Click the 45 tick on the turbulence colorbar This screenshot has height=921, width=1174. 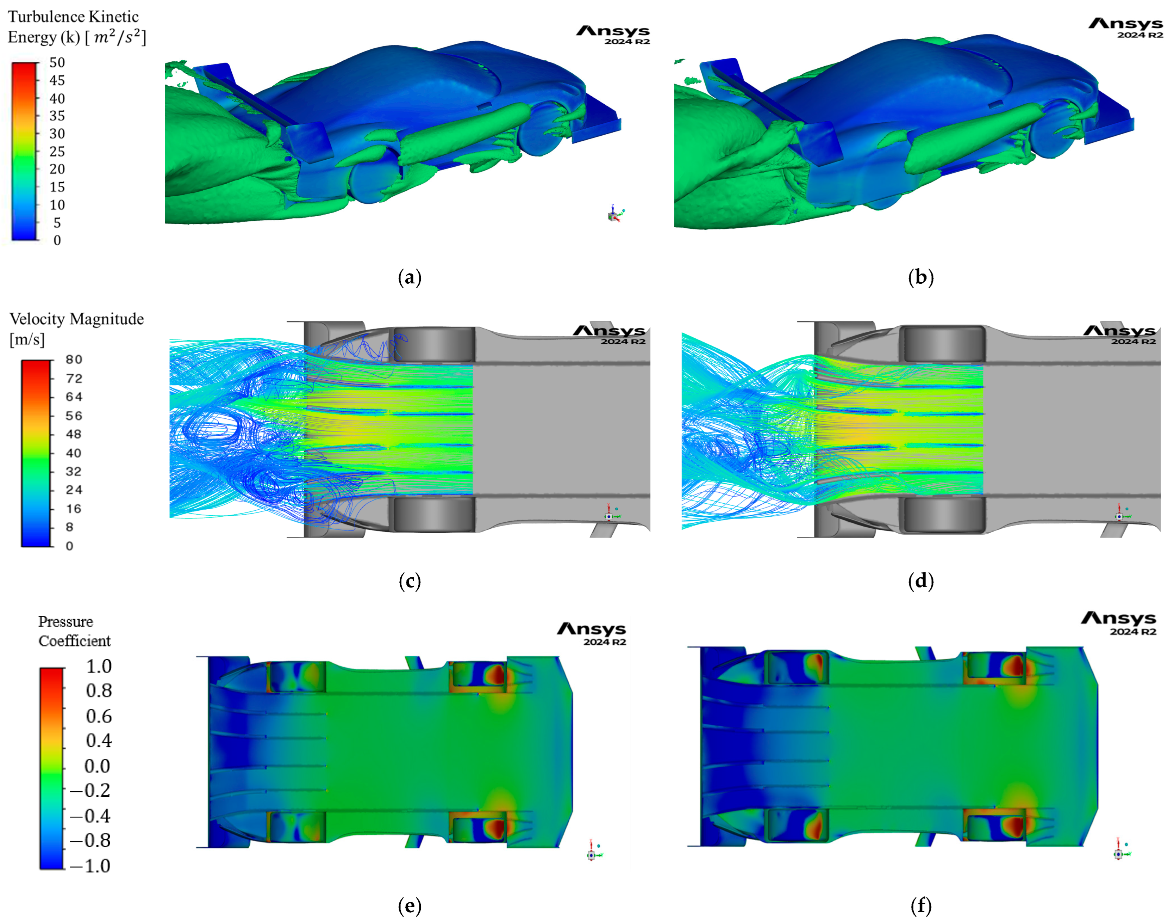57,80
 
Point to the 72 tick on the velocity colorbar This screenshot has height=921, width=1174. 74,379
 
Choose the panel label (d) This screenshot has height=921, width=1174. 921,581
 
